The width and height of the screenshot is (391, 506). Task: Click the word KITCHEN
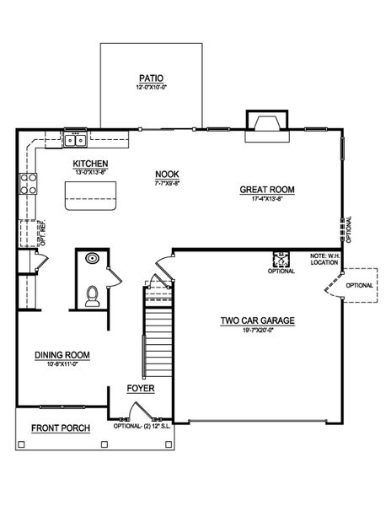tap(89, 164)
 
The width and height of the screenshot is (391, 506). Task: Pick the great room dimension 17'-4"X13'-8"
tap(266, 200)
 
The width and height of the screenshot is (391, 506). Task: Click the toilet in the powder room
tap(94, 293)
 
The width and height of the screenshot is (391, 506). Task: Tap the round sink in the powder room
tap(93, 259)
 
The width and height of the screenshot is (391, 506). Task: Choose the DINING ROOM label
tap(63, 355)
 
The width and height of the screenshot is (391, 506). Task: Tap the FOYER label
tap(140, 389)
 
